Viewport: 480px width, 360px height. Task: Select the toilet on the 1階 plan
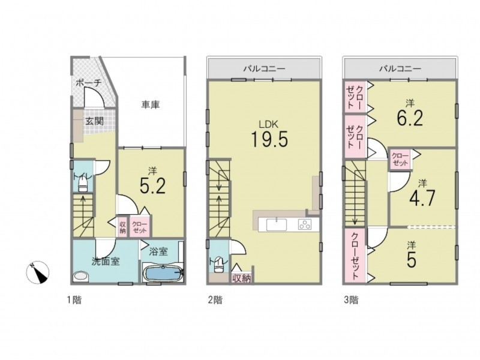[83, 185]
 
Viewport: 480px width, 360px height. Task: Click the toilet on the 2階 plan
[218, 265]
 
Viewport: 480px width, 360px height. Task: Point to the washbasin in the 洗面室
[81, 277]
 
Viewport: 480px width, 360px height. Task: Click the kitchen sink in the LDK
[277, 224]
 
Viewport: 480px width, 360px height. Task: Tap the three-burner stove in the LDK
[305, 224]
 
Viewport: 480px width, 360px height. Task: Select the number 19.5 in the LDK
[269, 139]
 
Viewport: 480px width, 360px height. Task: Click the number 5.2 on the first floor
[152, 186]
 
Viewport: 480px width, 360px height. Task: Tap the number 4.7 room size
[422, 199]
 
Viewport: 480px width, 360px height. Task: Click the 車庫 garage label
[151, 105]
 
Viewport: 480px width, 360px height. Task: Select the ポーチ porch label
[88, 83]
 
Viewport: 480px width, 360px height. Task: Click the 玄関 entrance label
[94, 121]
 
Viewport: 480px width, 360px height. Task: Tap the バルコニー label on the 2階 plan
[264, 68]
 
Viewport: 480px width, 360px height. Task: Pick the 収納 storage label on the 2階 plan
[242, 278]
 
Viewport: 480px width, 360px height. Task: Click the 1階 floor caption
[74, 300]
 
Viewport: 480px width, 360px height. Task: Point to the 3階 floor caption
[351, 300]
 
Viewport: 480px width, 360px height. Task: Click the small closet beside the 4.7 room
[400, 160]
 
